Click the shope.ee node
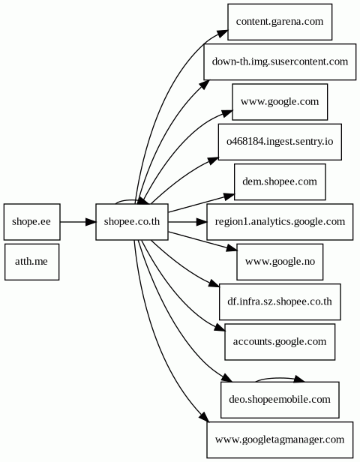[x=31, y=221]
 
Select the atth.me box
[x=31, y=262]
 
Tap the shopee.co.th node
[x=132, y=221]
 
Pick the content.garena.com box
[x=280, y=22]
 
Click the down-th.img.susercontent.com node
[x=280, y=61]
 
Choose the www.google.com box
[x=280, y=102]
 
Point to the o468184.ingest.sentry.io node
[x=280, y=142]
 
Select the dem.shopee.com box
[x=280, y=181]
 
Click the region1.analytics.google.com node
[x=280, y=221]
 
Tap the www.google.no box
[x=280, y=262]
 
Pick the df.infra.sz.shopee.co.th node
[x=280, y=301]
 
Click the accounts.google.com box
[x=280, y=342]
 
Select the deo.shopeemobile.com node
[x=280, y=400]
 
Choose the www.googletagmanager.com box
[x=280, y=440]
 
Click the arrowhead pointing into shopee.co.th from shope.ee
[x=91, y=221]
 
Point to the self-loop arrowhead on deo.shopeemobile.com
[x=298, y=379]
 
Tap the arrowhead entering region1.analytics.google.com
[x=202, y=221]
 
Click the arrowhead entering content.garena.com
[x=223, y=33]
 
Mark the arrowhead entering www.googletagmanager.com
[x=205, y=417]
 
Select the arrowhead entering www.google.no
[x=232, y=248]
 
